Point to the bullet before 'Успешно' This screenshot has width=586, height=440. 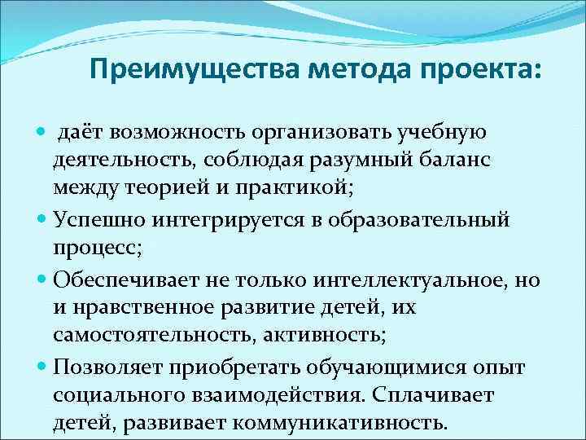pyautogui.click(x=43, y=219)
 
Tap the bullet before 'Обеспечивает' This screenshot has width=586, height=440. pyautogui.click(x=43, y=279)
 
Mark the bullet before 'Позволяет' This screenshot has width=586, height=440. pyautogui.click(x=43, y=367)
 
